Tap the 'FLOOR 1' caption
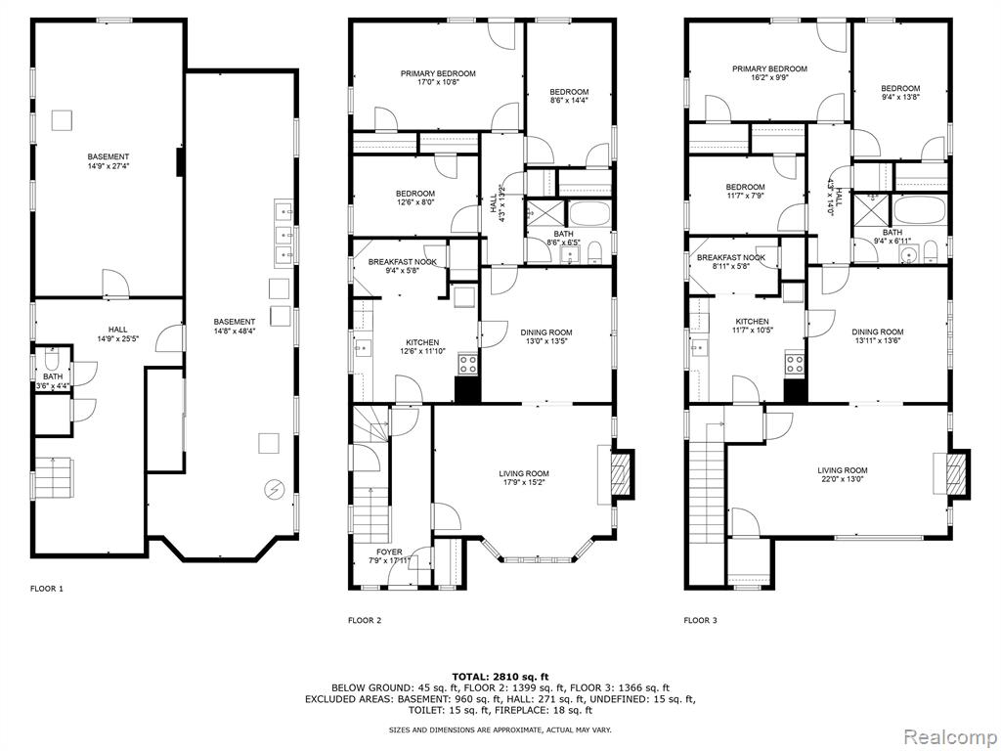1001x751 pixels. click(47, 589)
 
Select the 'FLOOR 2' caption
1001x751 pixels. click(365, 619)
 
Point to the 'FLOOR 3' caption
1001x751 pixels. click(700, 619)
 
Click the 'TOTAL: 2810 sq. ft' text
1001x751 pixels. click(500, 677)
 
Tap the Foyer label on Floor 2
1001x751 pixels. click(389, 552)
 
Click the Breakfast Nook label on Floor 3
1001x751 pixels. click(731, 258)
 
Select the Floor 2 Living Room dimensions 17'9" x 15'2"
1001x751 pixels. click(524, 482)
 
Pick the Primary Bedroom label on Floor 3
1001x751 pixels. click(770, 69)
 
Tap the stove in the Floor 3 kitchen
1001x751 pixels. click(795, 364)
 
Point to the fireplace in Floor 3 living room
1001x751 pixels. click(956, 472)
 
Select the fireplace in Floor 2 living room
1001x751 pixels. click(620, 474)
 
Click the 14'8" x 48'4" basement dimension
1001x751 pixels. click(235, 331)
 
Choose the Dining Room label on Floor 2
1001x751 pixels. click(546, 332)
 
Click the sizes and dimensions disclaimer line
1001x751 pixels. click(500, 729)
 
